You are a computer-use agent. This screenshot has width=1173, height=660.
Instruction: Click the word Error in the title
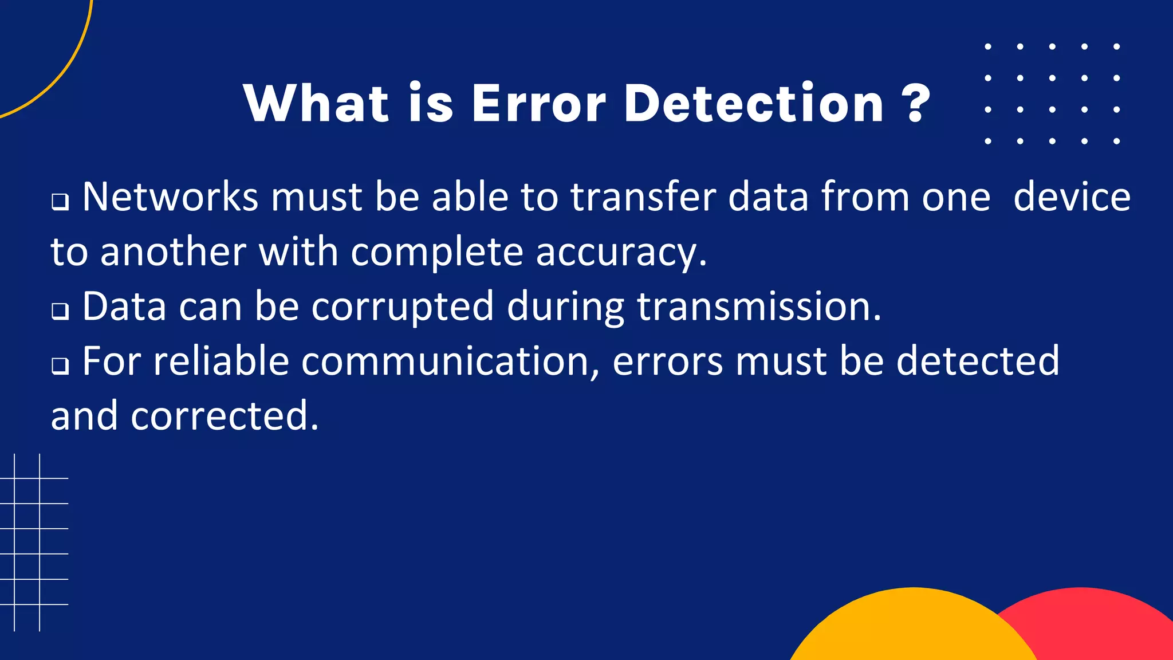click(x=538, y=104)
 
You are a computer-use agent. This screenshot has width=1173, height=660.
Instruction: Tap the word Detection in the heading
click(x=754, y=104)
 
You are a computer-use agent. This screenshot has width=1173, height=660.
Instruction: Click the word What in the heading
click(x=317, y=104)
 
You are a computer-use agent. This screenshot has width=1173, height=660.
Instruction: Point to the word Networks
click(x=170, y=197)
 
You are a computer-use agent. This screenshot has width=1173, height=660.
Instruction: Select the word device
click(x=1072, y=197)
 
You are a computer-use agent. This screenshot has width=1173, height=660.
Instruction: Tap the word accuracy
click(x=621, y=253)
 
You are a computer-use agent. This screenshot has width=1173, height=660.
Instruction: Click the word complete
click(x=437, y=253)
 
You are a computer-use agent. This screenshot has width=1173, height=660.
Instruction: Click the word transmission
click(x=758, y=307)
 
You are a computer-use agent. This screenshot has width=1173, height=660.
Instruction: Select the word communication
click(x=451, y=362)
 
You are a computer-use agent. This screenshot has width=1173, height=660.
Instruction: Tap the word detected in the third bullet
click(x=978, y=362)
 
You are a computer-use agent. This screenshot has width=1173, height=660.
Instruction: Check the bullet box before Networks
click(x=60, y=202)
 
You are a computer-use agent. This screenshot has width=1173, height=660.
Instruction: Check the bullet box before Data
click(x=60, y=311)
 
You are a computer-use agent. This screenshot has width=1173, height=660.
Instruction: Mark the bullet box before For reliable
click(x=60, y=366)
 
